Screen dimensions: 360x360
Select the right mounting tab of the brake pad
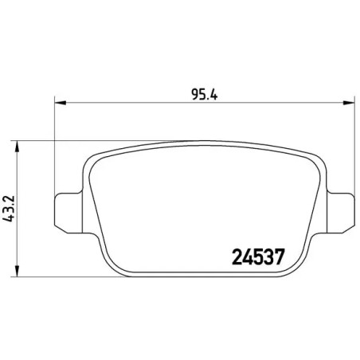click(341, 210)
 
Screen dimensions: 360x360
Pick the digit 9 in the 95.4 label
click(195, 92)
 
